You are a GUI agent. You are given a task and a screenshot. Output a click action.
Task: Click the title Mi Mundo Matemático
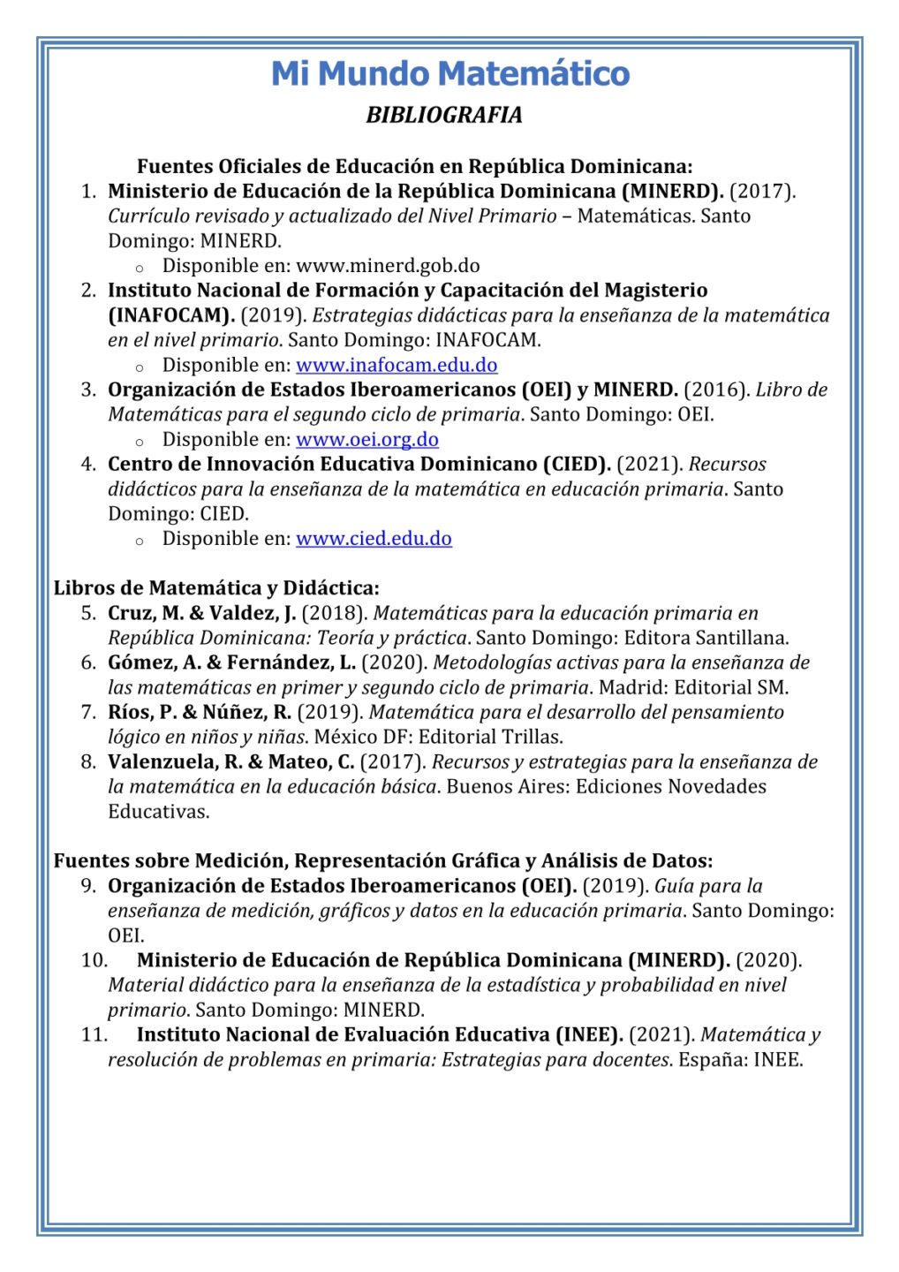449,73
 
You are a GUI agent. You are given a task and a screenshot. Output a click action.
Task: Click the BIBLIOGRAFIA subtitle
444,115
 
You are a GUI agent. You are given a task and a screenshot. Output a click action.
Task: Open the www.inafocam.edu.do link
397,365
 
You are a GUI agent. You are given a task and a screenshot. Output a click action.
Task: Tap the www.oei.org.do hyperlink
367,439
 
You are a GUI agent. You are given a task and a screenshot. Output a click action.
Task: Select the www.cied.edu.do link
374,538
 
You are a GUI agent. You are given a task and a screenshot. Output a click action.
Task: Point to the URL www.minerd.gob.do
388,266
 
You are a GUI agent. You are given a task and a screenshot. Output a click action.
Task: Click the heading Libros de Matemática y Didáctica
216,587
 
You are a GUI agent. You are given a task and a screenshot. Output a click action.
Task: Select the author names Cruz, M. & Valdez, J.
202,613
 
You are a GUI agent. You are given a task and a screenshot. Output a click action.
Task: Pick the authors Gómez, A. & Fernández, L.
231,662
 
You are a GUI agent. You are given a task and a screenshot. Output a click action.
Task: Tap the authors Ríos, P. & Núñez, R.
200,712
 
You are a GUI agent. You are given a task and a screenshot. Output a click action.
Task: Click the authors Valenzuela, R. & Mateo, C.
231,761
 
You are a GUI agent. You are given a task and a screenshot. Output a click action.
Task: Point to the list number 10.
94,960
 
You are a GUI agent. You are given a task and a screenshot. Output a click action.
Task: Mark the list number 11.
94,1034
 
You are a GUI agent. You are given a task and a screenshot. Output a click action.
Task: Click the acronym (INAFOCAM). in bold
171,315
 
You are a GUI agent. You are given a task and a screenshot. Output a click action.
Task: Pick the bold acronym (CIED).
576,464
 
